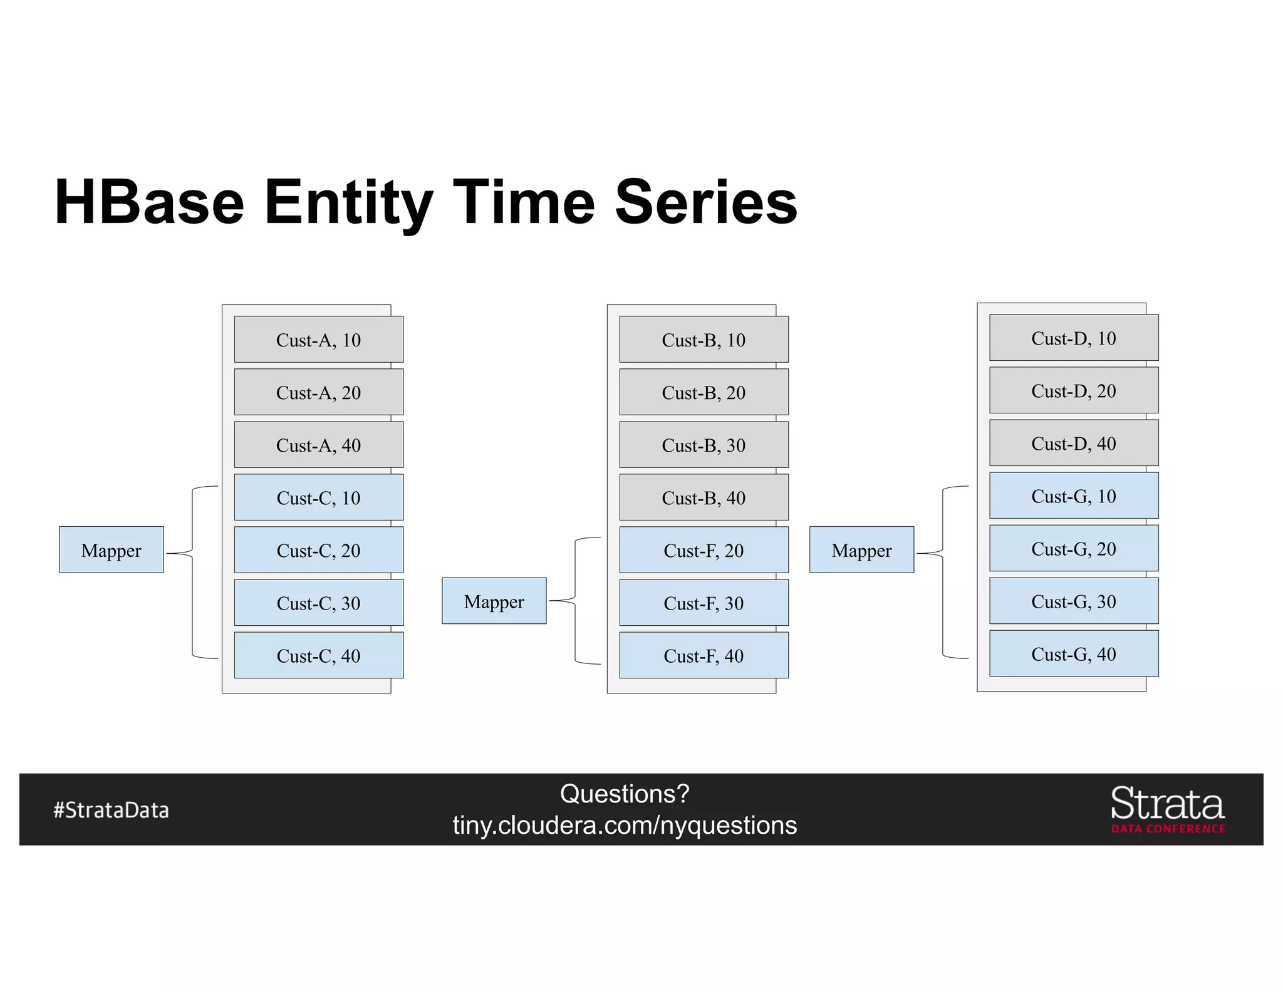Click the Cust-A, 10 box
coord(318,340)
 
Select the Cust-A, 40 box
coord(318,445)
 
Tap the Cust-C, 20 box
coord(318,550)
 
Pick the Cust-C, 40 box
coord(318,655)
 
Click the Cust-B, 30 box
coord(704,445)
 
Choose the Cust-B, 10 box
coord(704,340)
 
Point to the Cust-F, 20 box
coord(704,550)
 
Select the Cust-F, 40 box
coord(704,655)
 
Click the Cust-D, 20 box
coord(1073,390)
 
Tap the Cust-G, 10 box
coord(1073,495)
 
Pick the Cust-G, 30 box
coord(1073,601)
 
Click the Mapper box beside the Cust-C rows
coord(111,550)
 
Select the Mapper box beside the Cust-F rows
coord(494,601)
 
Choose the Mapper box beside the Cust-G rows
coord(861,550)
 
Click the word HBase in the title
coord(149,202)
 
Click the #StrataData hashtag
coord(111,810)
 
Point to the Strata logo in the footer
coord(1167,809)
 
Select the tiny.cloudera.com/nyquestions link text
coord(625,825)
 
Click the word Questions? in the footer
coord(625,794)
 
